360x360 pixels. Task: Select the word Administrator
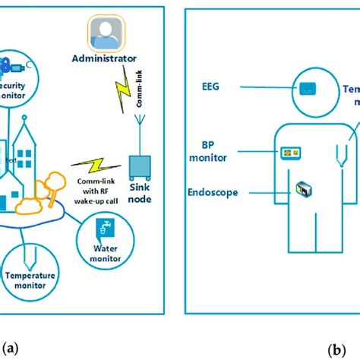click(114, 58)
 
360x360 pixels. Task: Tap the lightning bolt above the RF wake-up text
click(92, 165)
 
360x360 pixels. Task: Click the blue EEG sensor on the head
click(308, 87)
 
